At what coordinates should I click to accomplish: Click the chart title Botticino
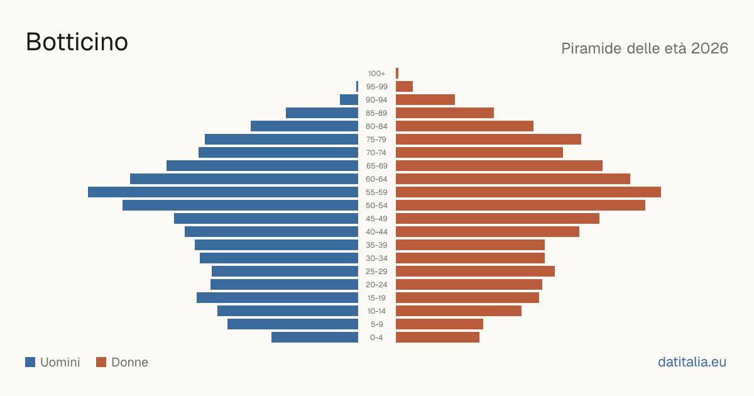(x=77, y=42)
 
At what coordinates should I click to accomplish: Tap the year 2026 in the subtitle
(x=709, y=48)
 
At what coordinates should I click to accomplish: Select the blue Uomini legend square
(x=30, y=362)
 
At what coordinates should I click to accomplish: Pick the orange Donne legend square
(x=101, y=362)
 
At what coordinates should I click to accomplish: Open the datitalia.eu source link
(x=692, y=362)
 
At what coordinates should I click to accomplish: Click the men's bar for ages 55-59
(x=223, y=192)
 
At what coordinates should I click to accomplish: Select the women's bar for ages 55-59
(x=528, y=192)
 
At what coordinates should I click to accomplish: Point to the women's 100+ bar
(x=397, y=74)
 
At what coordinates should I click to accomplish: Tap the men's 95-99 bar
(x=357, y=87)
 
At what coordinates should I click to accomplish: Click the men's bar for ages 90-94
(x=349, y=100)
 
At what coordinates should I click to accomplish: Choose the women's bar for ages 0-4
(x=437, y=338)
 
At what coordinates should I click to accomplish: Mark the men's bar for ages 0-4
(x=315, y=338)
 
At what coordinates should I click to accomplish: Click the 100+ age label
(x=376, y=74)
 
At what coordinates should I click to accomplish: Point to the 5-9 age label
(x=376, y=324)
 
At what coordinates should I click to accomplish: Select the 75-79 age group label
(x=376, y=140)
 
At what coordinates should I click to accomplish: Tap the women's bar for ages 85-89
(x=445, y=113)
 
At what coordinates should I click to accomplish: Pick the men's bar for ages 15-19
(x=277, y=298)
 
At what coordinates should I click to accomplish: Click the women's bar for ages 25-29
(x=475, y=272)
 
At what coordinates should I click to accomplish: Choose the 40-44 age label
(x=376, y=232)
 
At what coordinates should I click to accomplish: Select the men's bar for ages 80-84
(x=304, y=126)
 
